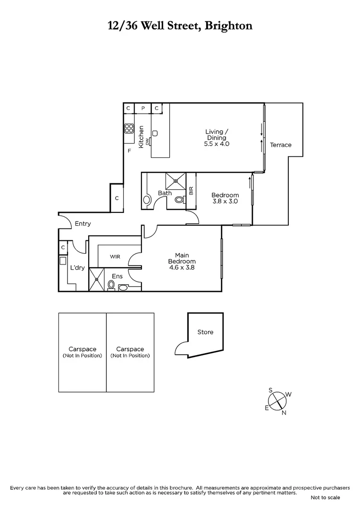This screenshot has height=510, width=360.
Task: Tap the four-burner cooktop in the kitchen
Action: (x=129, y=128)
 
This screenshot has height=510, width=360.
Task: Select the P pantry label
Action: (x=143, y=109)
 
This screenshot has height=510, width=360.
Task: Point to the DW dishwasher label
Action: (x=148, y=140)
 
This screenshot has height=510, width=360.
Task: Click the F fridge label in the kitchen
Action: (x=129, y=151)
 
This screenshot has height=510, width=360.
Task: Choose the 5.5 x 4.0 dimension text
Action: (x=217, y=144)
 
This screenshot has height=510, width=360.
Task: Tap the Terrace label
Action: (x=281, y=145)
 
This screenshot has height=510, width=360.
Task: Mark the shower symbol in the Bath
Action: (x=176, y=180)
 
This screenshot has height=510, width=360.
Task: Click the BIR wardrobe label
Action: (x=191, y=191)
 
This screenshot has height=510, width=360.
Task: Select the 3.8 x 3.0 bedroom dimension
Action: (x=225, y=201)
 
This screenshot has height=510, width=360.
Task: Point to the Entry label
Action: (x=83, y=224)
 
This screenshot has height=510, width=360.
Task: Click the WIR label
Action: (x=115, y=257)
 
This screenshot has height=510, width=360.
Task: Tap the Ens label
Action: (x=117, y=276)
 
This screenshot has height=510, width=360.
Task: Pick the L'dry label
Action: (x=77, y=268)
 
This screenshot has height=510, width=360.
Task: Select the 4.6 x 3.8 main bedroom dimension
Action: (x=182, y=267)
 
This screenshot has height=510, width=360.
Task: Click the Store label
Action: (x=205, y=332)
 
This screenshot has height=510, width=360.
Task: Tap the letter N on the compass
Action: (x=284, y=414)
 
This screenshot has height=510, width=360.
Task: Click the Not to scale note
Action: (x=325, y=498)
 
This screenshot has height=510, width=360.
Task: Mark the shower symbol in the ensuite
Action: (x=97, y=279)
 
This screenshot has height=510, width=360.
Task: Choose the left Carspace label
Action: (x=83, y=349)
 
